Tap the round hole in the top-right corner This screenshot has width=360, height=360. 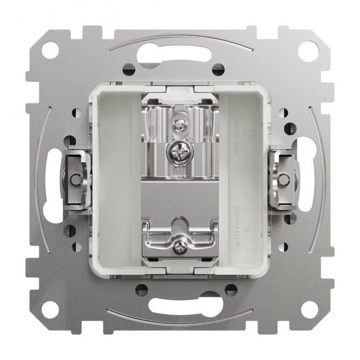tap(308, 50)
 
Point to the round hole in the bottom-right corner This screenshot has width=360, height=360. tap(308, 309)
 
